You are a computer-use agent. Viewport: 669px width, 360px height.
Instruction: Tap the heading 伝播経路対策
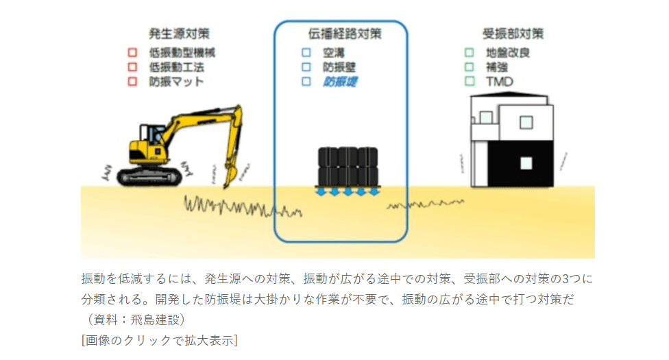pos(341,34)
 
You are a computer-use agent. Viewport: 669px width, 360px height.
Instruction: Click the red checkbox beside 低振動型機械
pos(134,52)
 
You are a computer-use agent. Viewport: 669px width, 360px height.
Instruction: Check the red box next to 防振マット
pos(134,82)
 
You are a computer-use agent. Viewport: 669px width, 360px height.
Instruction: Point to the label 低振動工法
pos(176,67)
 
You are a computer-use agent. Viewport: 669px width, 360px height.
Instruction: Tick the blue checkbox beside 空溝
pos(306,52)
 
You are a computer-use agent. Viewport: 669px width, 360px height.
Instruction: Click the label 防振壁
pos(339,67)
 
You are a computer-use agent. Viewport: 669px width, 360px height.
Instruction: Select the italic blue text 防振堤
pos(340,82)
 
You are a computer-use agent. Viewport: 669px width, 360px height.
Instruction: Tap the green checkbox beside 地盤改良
pos(469,52)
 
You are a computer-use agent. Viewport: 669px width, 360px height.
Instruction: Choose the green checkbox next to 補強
pos(469,67)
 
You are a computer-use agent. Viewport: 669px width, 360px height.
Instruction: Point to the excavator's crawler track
pos(149,178)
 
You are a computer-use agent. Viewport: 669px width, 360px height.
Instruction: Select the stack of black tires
pos(348,167)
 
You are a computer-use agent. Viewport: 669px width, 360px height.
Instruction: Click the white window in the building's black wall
pos(526,163)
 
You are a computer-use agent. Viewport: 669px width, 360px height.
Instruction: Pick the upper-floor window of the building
pos(526,122)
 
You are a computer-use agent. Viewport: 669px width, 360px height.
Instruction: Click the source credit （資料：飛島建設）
pos(134,320)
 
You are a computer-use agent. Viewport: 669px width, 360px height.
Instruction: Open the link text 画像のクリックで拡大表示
pos(159,339)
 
